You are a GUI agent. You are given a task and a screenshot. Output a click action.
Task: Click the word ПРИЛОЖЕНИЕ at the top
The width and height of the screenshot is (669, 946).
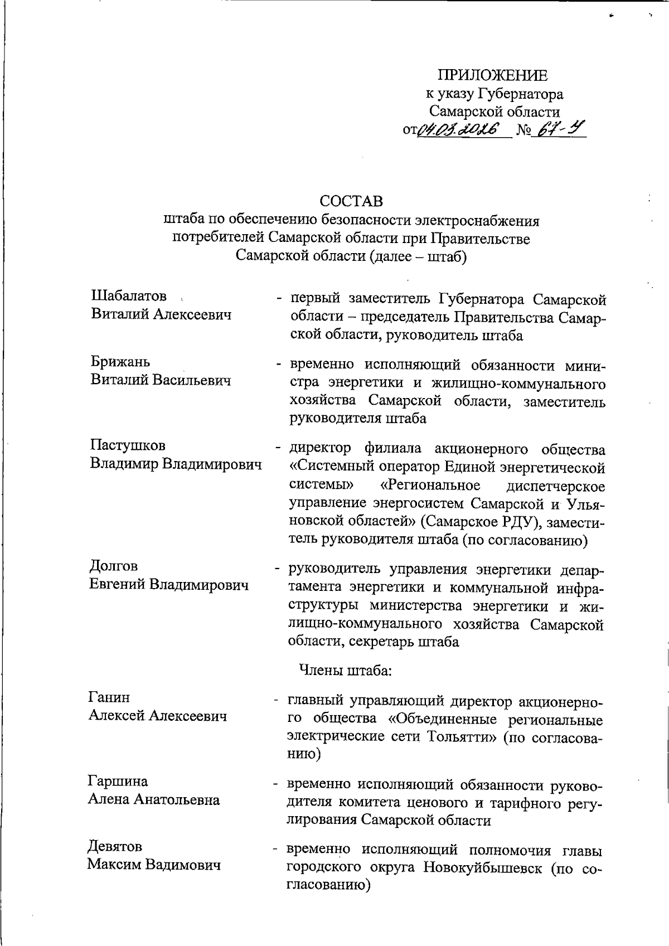pyautogui.click(x=492, y=75)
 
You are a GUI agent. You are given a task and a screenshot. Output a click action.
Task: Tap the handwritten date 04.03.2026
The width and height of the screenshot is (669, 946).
pyautogui.click(x=463, y=130)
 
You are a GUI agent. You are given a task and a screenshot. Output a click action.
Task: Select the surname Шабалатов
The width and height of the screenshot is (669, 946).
pyautogui.click(x=129, y=296)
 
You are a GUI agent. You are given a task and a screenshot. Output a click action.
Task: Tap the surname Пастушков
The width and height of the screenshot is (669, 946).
pyautogui.click(x=128, y=445)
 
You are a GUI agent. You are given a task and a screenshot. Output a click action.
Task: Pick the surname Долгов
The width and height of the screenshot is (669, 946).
pyautogui.click(x=113, y=566)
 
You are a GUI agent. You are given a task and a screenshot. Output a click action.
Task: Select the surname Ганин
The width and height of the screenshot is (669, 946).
pyautogui.click(x=109, y=697)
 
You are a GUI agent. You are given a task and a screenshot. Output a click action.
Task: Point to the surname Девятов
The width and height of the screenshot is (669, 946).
pyautogui.click(x=115, y=846)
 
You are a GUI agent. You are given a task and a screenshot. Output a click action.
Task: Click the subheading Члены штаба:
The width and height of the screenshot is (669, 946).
pyautogui.click(x=346, y=670)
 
